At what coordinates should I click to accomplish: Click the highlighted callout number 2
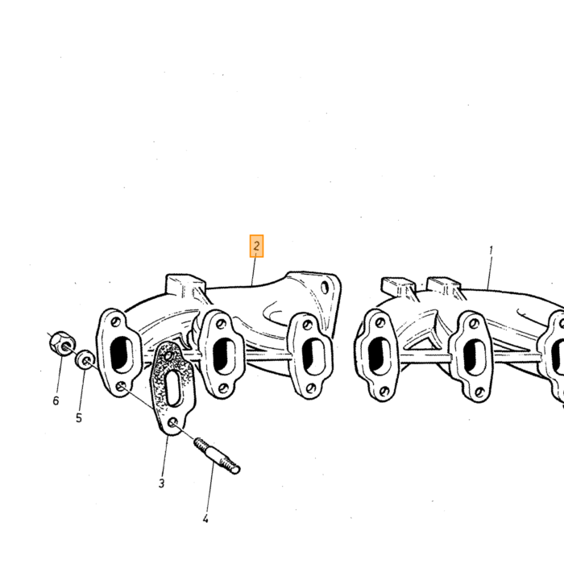[x=256, y=247]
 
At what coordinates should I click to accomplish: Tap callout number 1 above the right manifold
[x=491, y=251]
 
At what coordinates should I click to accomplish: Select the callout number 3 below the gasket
[x=161, y=483]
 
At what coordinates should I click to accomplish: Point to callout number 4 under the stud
[x=205, y=519]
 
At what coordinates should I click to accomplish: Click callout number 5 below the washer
[x=79, y=417]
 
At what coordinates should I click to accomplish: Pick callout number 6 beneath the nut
[x=56, y=400]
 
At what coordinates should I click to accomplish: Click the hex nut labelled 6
[x=62, y=343]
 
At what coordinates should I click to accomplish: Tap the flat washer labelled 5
[x=85, y=359]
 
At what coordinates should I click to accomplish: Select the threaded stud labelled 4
[x=217, y=455]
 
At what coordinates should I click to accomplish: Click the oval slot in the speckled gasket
[x=174, y=388]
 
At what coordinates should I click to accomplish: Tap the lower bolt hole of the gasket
[x=172, y=423]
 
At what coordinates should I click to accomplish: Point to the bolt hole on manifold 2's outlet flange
[x=325, y=288]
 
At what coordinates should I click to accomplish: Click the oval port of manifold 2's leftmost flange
[x=122, y=355]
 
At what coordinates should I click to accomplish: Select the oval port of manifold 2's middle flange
[x=224, y=356]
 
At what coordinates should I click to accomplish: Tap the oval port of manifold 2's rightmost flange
[x=312, y=355]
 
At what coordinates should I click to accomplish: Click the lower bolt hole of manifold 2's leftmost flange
[x=121, y=387]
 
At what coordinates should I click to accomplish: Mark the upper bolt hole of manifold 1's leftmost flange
[x=379, y=323]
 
